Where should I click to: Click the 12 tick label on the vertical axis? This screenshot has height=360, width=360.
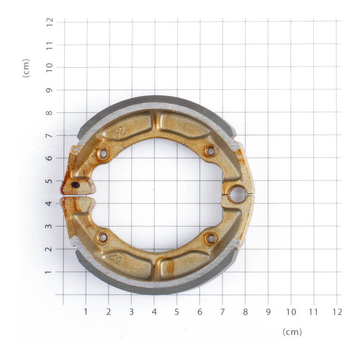click(49, 22)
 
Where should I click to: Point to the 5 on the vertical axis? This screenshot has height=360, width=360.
click(49, 181)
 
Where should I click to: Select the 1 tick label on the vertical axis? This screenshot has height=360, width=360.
click(49, 272)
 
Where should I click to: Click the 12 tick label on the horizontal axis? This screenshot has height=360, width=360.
click(337, 311)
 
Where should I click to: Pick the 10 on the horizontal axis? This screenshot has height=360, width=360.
click(291, 311)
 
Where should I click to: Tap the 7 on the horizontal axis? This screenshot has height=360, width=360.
click(223, 311)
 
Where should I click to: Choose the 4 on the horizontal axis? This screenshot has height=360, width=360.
click(154, 311)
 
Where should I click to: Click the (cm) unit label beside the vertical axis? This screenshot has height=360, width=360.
click(26, 68)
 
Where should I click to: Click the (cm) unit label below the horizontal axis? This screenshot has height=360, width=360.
click(292, 332)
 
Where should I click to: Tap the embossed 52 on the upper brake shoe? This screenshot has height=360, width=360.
click(119, 132)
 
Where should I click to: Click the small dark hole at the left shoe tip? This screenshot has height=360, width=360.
click(76, 184)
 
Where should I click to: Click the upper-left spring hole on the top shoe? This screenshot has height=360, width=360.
click(103, 154)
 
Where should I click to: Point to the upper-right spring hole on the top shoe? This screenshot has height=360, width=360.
click(210, 151)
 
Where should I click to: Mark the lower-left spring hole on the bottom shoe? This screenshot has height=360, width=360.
click(103, 237)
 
